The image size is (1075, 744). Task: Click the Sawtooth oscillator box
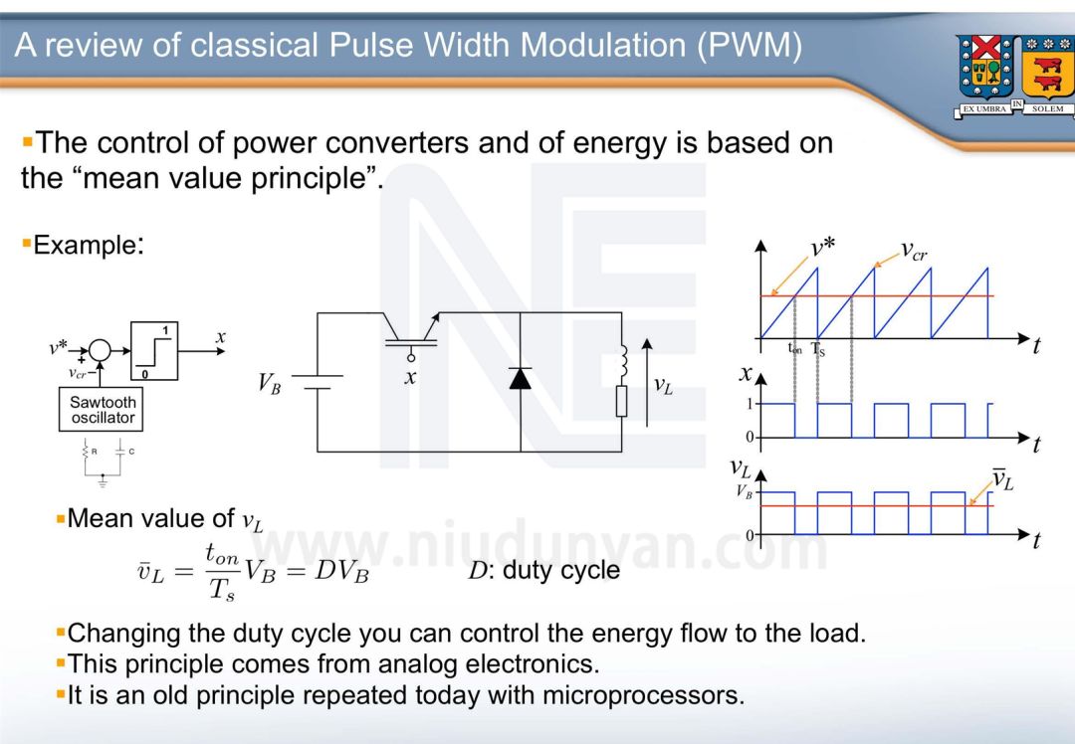coord(102,410)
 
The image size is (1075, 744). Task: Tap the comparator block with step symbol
coord(153,350)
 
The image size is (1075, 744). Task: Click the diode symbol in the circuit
coord(521,378)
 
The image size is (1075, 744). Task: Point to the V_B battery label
coord(269,383)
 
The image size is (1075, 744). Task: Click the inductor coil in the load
coord(622,363)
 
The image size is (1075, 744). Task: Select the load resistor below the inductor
coord(621,401)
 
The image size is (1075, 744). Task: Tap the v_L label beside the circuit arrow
coord(663,385)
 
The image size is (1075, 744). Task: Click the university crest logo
coord(1013,75)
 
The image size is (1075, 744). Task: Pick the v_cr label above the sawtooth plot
coord(914,250)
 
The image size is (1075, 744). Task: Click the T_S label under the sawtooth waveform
coord(818,349)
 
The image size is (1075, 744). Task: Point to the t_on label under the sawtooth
coord(795,349)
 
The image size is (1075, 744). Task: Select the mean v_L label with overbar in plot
coord(1003,481)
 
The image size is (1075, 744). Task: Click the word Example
coord(86,245)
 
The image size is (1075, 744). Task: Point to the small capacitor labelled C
coord(120,451)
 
